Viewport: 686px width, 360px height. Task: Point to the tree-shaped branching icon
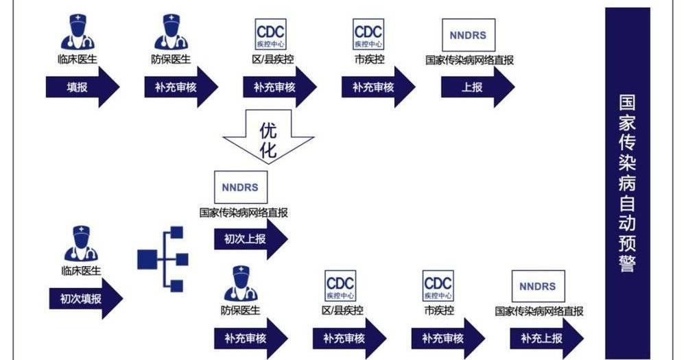pos(162,259)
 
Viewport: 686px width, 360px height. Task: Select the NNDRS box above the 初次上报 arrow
pos(240,188)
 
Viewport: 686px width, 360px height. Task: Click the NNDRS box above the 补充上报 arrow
pos(539,287)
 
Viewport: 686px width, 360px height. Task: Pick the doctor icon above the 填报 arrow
pos(78,33)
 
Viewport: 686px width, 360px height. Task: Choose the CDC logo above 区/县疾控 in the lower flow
pos(340,287)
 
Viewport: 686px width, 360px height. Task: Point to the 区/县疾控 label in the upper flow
pos(272,60)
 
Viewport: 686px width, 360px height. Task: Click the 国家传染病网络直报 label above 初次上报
pos(244,213)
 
